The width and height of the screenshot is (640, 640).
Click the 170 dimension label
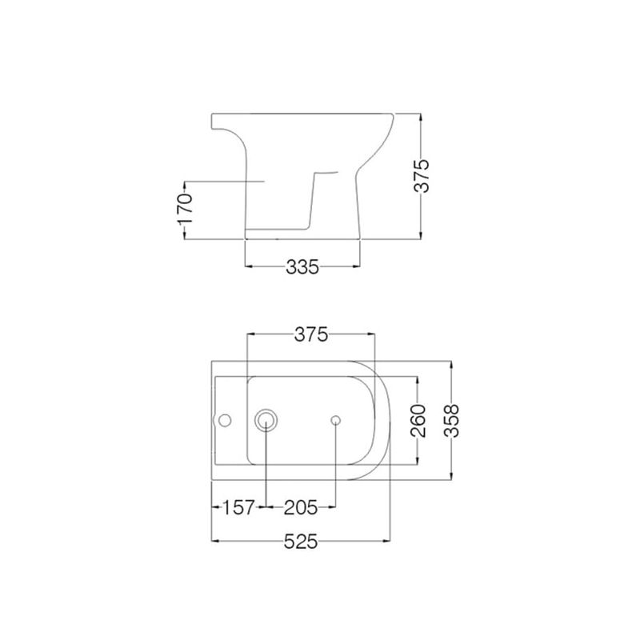185,209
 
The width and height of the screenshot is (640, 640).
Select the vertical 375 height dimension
422,176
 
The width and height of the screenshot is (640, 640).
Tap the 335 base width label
302,267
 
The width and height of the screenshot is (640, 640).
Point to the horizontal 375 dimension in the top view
311,334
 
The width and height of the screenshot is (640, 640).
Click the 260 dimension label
418,421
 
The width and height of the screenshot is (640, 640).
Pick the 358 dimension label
451,421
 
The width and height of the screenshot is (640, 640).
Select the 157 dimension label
238,508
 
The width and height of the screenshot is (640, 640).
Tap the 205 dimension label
301,508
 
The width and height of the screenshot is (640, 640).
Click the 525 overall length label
301,542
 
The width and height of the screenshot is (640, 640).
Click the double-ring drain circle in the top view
266,421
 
